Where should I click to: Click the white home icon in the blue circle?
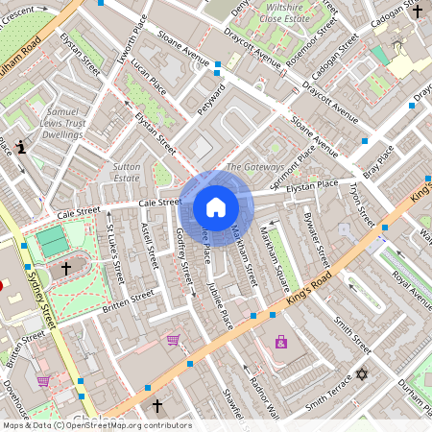[x=216, y=207]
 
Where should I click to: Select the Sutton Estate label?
[x=127, y=172]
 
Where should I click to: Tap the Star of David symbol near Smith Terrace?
[x=362, y=373]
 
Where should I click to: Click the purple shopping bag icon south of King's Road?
[x=280, y=342]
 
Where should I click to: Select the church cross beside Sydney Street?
[x=66, y=269]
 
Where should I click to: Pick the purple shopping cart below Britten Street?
[x=173, y=339]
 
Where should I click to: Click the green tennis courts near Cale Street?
[x=53, y=240]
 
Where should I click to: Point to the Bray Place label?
[x=384, y=154]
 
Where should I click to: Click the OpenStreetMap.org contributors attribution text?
[x=130, y=425]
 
